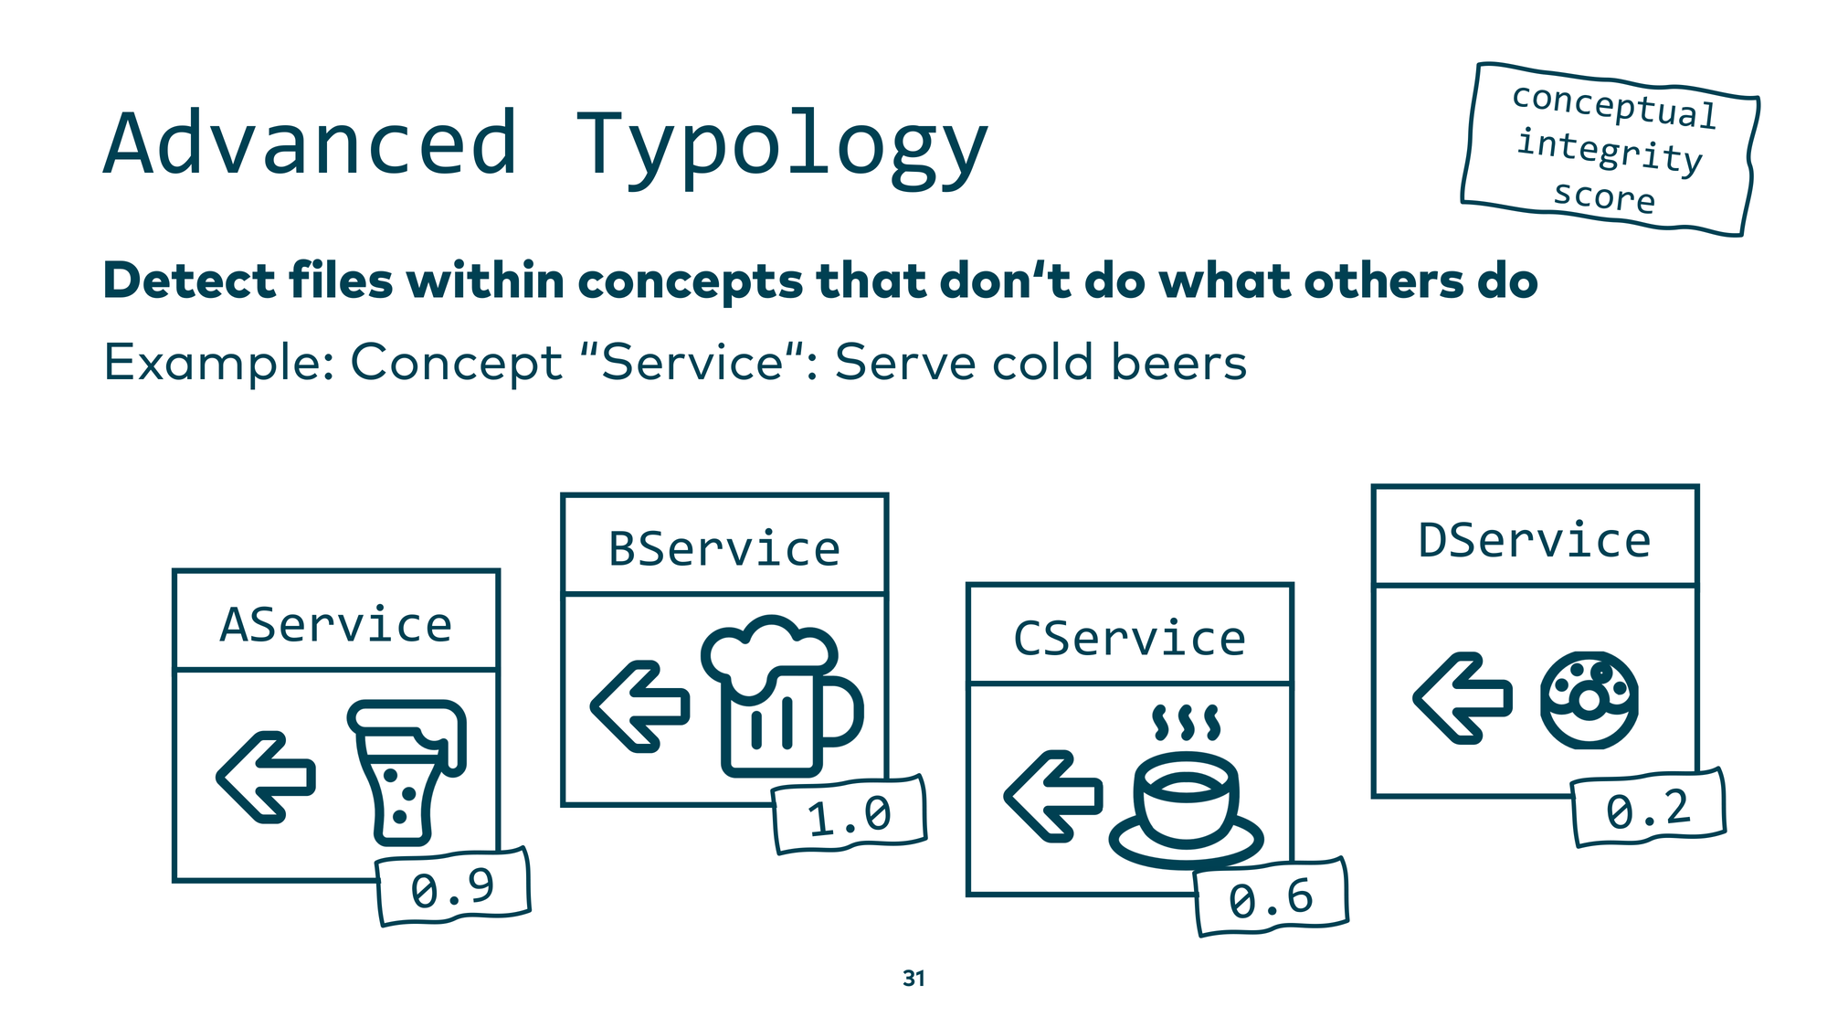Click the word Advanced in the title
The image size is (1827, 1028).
(x=311, y=143)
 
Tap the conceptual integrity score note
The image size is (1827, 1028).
(x=1611, y=149)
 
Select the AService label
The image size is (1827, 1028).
(x=336, y=625)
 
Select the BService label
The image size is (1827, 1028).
(x=724, y=549)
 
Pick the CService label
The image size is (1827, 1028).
(x=1129, y=638)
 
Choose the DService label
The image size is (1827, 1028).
(x=1535, y=540)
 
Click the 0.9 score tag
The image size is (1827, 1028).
(x=453, y=887)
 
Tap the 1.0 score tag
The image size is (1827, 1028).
(x=850, y=815)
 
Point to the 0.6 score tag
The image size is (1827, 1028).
(x=1271, y=898)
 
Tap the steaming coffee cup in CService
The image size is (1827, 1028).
(x=1186, y=790)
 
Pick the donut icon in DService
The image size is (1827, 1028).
(x=1589, y=700)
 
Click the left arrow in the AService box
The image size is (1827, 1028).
(x=266, y=777)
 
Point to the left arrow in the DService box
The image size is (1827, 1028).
(x=1462, y=698)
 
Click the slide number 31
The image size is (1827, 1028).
(x=913, y=978)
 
